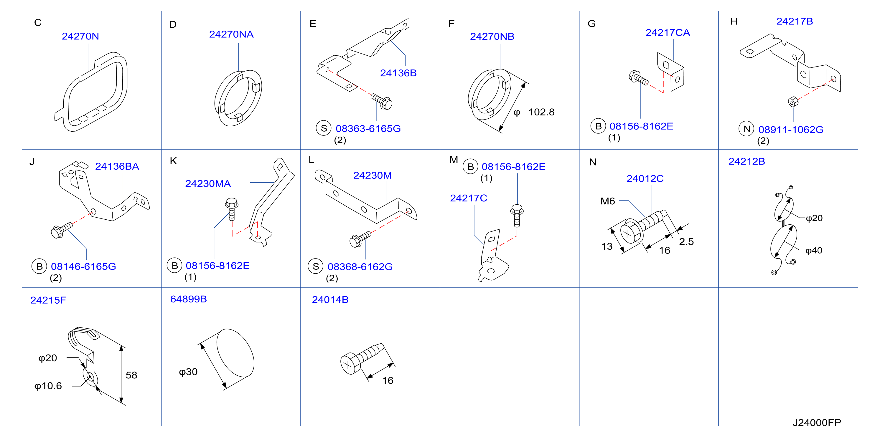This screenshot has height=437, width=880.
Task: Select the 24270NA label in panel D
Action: [x=231, y=34]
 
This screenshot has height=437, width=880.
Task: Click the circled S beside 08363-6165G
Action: [x=324, y=128]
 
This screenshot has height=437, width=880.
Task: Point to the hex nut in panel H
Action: [x=793, y=101]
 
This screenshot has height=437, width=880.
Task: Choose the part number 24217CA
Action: [x=668, y=32]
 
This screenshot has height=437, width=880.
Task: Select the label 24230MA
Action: [x=208, y=184]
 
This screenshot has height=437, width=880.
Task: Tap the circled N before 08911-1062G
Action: [x=746, y=129]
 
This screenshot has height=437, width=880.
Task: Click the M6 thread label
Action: [x=607, y=201]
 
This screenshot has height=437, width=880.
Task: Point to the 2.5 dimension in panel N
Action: [x=686, y=242]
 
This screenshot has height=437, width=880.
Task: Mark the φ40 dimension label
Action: [x=814, y=251]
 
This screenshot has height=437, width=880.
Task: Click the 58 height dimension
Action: [x=131, y=375]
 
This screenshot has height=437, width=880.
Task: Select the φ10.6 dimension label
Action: [x=48, y=386]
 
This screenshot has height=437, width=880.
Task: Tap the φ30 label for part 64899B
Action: [x=188, y=372]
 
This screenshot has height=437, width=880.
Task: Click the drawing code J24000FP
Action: [x=817, y=423]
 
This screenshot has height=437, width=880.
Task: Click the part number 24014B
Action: [x=330, y=299]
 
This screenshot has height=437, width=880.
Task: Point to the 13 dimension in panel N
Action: [x=607, y=246]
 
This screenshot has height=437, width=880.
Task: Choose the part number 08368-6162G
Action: [x=360, y=266]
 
